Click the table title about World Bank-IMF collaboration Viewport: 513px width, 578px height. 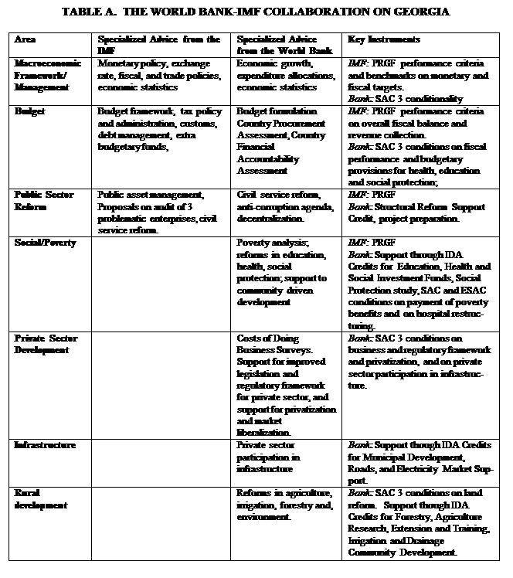pyautogui.click(x=256, y=12)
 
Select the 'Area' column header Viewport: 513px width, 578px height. pyautogui.click(x=25, y=39)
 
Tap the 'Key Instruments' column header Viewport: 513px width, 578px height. pyautogui.click(x=373, y=39)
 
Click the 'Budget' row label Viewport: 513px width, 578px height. pyautogui.click(x=30, y=111)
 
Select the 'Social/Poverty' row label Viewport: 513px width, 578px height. pyautogui.click(x=46, y=243)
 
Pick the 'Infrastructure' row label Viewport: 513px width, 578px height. pyautogui.click(x=45, y=445)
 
